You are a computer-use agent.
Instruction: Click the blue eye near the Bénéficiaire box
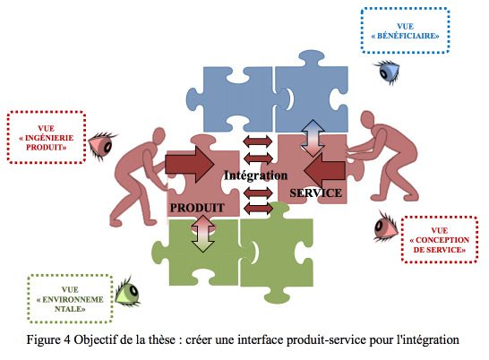coord(388,72)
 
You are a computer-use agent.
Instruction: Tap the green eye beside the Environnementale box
coord(128,292)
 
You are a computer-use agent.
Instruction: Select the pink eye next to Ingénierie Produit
coord(102,145)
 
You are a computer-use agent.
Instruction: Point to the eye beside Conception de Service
coord(386,227)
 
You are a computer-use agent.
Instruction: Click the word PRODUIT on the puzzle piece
coord(197,208)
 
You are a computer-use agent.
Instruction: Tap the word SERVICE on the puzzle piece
coord(315,193)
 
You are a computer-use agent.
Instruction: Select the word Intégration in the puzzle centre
coord(256,176)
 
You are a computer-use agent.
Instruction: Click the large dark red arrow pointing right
coord(190,164)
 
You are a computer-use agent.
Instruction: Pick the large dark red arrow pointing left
coord(324,170)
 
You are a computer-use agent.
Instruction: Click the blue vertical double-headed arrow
coord(313,138)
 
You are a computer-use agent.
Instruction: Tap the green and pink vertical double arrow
coord(203,234)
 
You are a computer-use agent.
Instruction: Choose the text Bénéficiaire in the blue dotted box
coord(405,36)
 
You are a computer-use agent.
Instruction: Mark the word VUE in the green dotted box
coord(70,289)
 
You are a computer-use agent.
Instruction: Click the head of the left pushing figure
coord(159,135)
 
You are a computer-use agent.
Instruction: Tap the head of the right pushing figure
coord(367,119)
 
